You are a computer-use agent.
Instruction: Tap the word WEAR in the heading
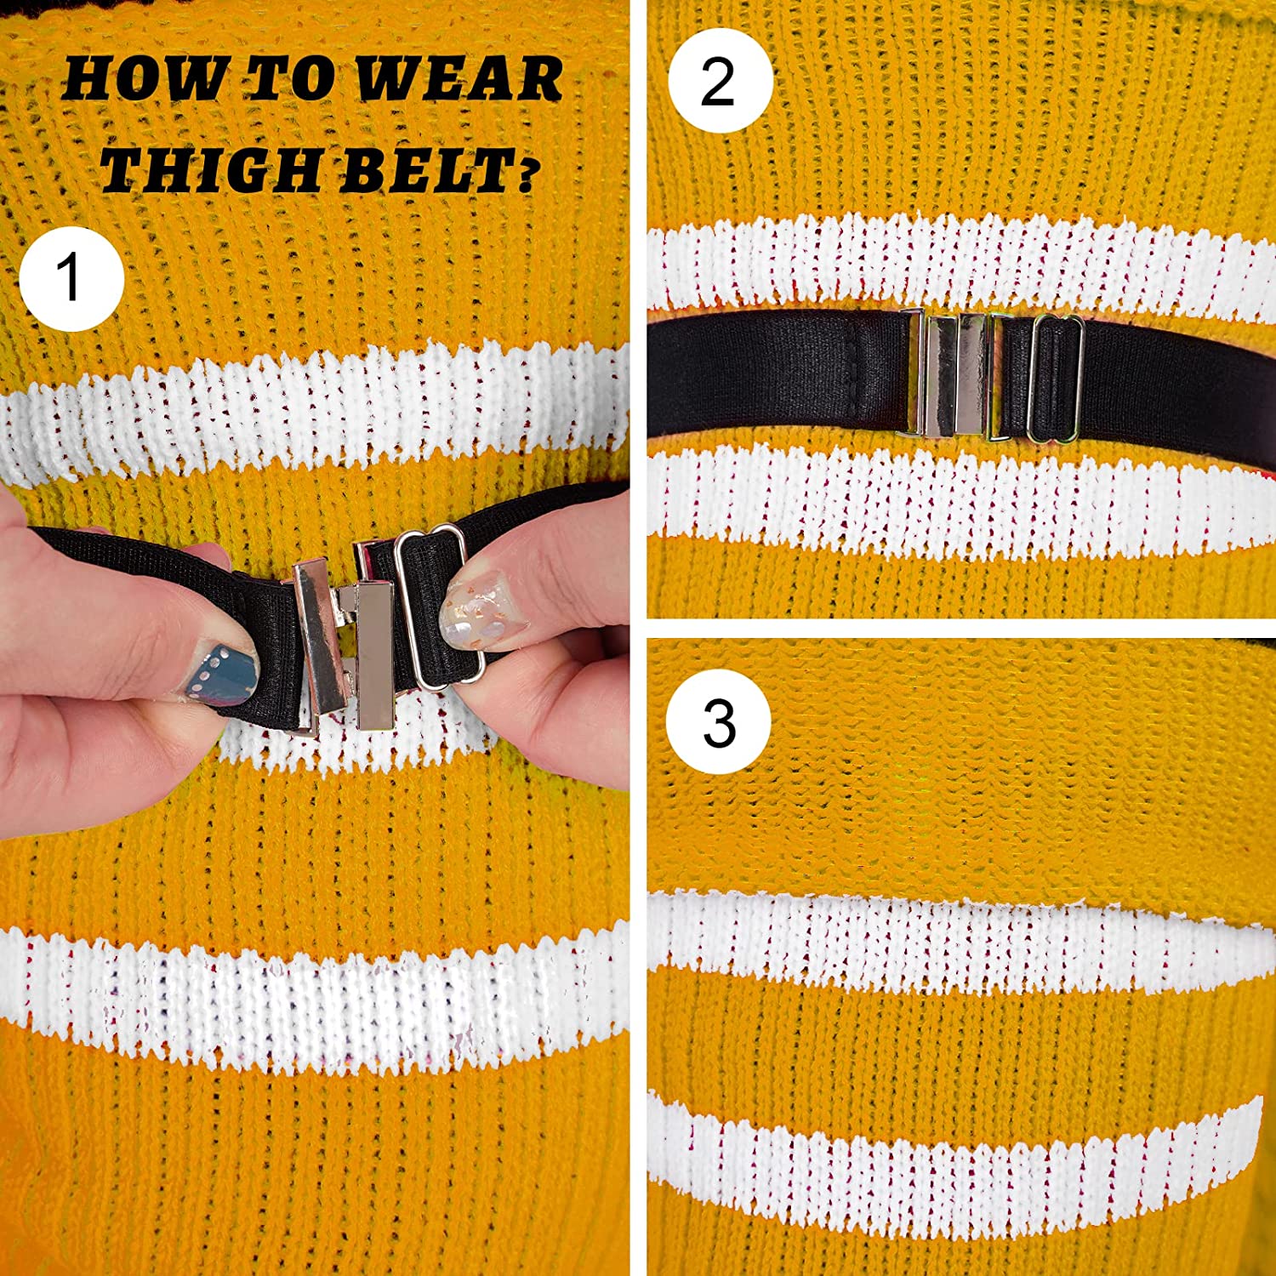459,79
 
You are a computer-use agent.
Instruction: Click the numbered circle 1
71,278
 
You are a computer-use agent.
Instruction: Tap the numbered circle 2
720,81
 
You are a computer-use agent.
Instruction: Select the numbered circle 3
719,723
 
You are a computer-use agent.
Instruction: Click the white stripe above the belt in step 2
953,264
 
